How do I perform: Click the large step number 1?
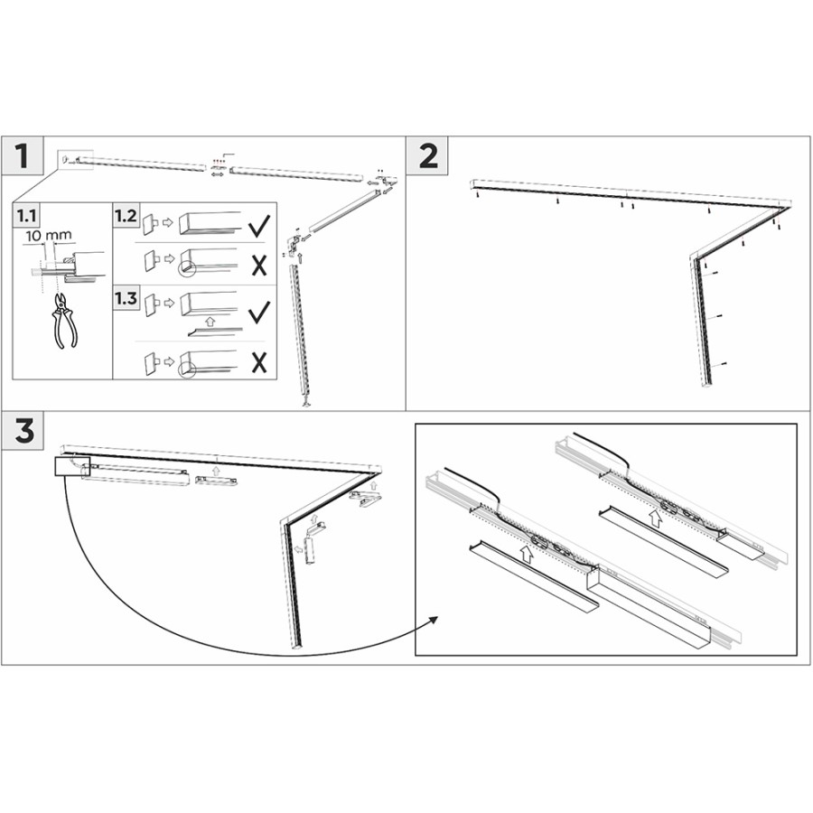click(22, 155)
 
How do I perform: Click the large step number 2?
click(428, 155)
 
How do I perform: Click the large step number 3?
click(24, 432)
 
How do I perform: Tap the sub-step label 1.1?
click(26, 215)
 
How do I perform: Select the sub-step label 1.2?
click(126, 215)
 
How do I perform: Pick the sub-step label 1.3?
click(126, 298)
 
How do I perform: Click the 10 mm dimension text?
click(48, 236)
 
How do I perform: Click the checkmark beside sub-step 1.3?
click(258, 313)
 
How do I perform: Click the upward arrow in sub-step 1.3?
click(210, 321)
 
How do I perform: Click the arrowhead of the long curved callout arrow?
click(434, 620)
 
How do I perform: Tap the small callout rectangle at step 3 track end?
click(72, 466)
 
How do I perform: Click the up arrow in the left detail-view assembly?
click(527, 555)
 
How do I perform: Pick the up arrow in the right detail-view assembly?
click(656, 519)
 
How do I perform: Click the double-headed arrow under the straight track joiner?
click(218, 174)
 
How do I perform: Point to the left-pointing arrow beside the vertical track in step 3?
click(299, 547)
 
